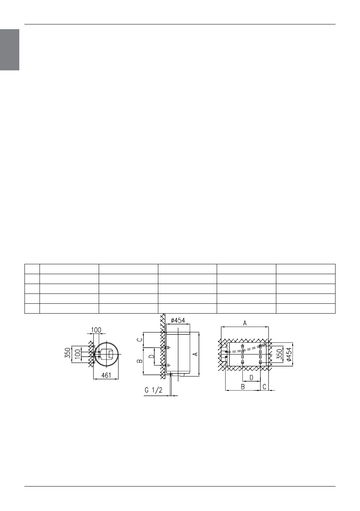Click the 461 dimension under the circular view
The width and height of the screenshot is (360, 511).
(x=106, y=375)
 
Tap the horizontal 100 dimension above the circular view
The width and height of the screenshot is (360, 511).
(x=96, y=330)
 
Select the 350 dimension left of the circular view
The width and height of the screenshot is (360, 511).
(x=67, y=354)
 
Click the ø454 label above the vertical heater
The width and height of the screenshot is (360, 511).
(x=178, y=321)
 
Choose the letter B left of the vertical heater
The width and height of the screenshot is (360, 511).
(x=139, y=361)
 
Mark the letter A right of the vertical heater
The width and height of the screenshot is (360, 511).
(x=195, y=354)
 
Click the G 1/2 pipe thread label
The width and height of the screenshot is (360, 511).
(x=154, y=390)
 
